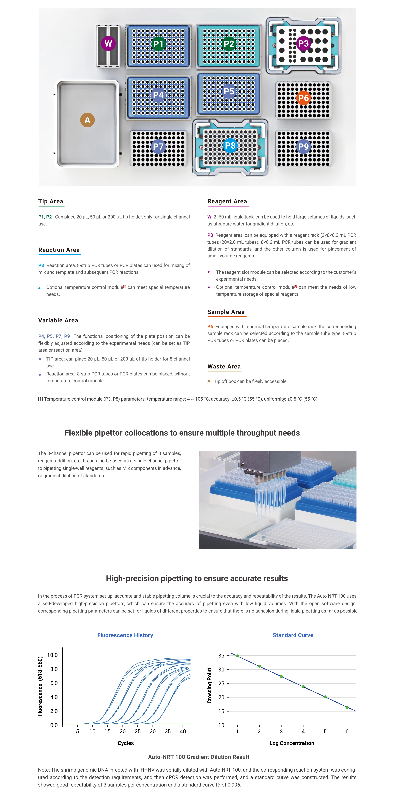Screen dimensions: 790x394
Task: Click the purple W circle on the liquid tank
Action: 108,44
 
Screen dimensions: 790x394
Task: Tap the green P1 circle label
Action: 159,44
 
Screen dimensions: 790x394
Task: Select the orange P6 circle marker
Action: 303,98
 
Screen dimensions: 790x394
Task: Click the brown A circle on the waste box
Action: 87,120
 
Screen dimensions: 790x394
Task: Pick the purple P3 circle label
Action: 303,44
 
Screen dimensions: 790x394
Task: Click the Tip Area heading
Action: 51,201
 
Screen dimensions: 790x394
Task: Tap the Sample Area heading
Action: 226,312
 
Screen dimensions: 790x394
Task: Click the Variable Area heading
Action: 58,320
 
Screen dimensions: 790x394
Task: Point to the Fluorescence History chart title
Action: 125,635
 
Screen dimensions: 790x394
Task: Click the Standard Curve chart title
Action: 293,635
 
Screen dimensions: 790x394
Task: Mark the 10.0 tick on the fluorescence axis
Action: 52,655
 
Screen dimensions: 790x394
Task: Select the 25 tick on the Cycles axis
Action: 138,731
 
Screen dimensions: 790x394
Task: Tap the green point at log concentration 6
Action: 347,707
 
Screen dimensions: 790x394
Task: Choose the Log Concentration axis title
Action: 292,743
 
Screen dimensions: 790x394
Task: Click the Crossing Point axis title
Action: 209,685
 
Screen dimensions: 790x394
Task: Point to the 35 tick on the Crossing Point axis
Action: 221,656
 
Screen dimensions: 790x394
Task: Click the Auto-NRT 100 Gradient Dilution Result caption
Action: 198,757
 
